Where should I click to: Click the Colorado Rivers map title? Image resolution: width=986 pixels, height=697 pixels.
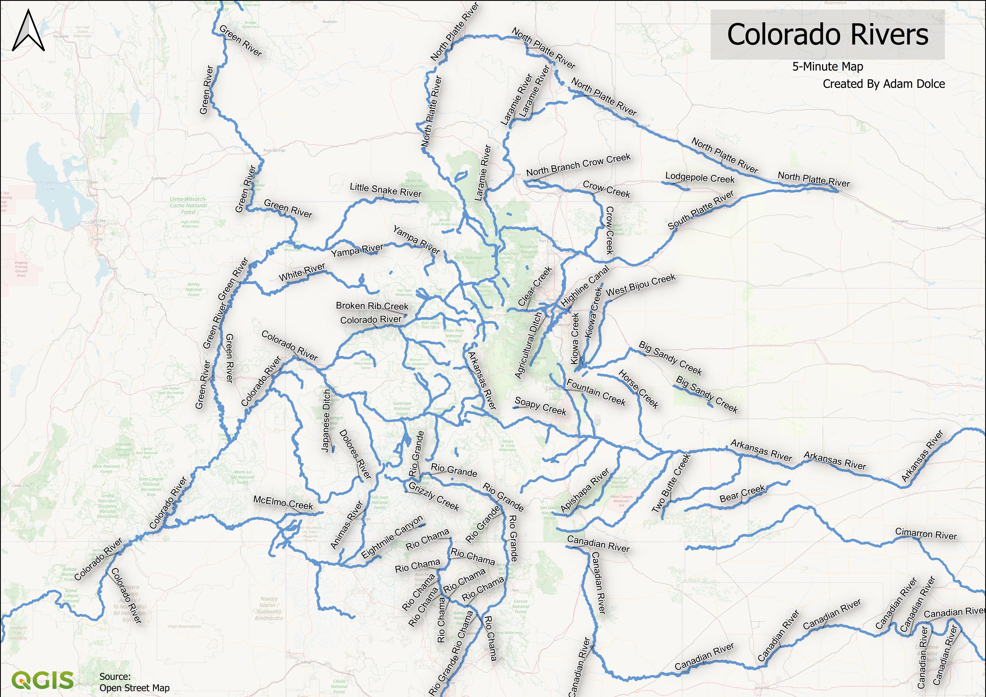(x=827, y=35)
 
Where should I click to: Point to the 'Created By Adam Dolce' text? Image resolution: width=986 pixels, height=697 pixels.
(x=883, y=84)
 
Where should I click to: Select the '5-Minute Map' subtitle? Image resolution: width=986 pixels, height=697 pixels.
(x=827, y=67)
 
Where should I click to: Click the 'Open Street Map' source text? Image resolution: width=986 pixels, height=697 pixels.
(x=134, y=687)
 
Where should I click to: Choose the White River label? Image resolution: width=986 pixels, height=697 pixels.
(x=302, y=273)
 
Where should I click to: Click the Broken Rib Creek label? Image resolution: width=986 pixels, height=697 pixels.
(x=372, y=306)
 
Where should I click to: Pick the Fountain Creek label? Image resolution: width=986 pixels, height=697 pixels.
(x=596, y=392)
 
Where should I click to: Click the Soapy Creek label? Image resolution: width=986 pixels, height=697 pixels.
(x=540, y=406)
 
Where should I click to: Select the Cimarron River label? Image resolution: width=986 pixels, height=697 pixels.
(x=926, y=534)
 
